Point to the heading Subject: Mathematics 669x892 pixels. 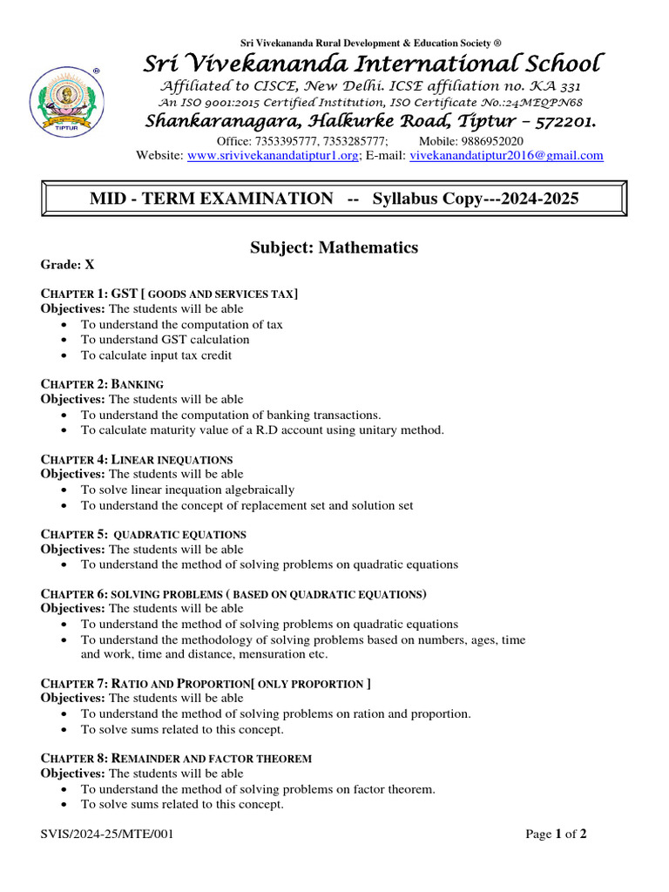(x=334, y=248)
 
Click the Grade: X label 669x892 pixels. (x=67, y=264)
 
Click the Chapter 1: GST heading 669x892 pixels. (x=170, y=294)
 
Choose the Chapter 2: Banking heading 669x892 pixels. (x=103, y=384)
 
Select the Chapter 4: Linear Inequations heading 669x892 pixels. (x=137, y=459)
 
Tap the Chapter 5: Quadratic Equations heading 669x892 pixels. (x=144, y=534)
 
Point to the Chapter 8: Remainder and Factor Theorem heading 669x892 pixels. (x=176, y=759)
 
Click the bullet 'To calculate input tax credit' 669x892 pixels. (x=156, y=355)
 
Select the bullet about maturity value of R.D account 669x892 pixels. (x=262, y=429)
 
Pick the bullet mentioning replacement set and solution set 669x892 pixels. (x=247, y=505)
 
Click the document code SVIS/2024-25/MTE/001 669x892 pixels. (x=107, y=835)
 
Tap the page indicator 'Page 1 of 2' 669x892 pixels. (x=556, y=835)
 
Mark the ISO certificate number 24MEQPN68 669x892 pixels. (x=536, y=103)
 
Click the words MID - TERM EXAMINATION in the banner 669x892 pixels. (x=211, y=199)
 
